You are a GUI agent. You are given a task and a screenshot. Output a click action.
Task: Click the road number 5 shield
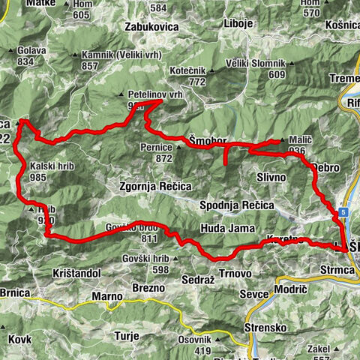point(342,213)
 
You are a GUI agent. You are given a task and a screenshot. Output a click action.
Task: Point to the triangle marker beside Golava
point(10,52)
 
